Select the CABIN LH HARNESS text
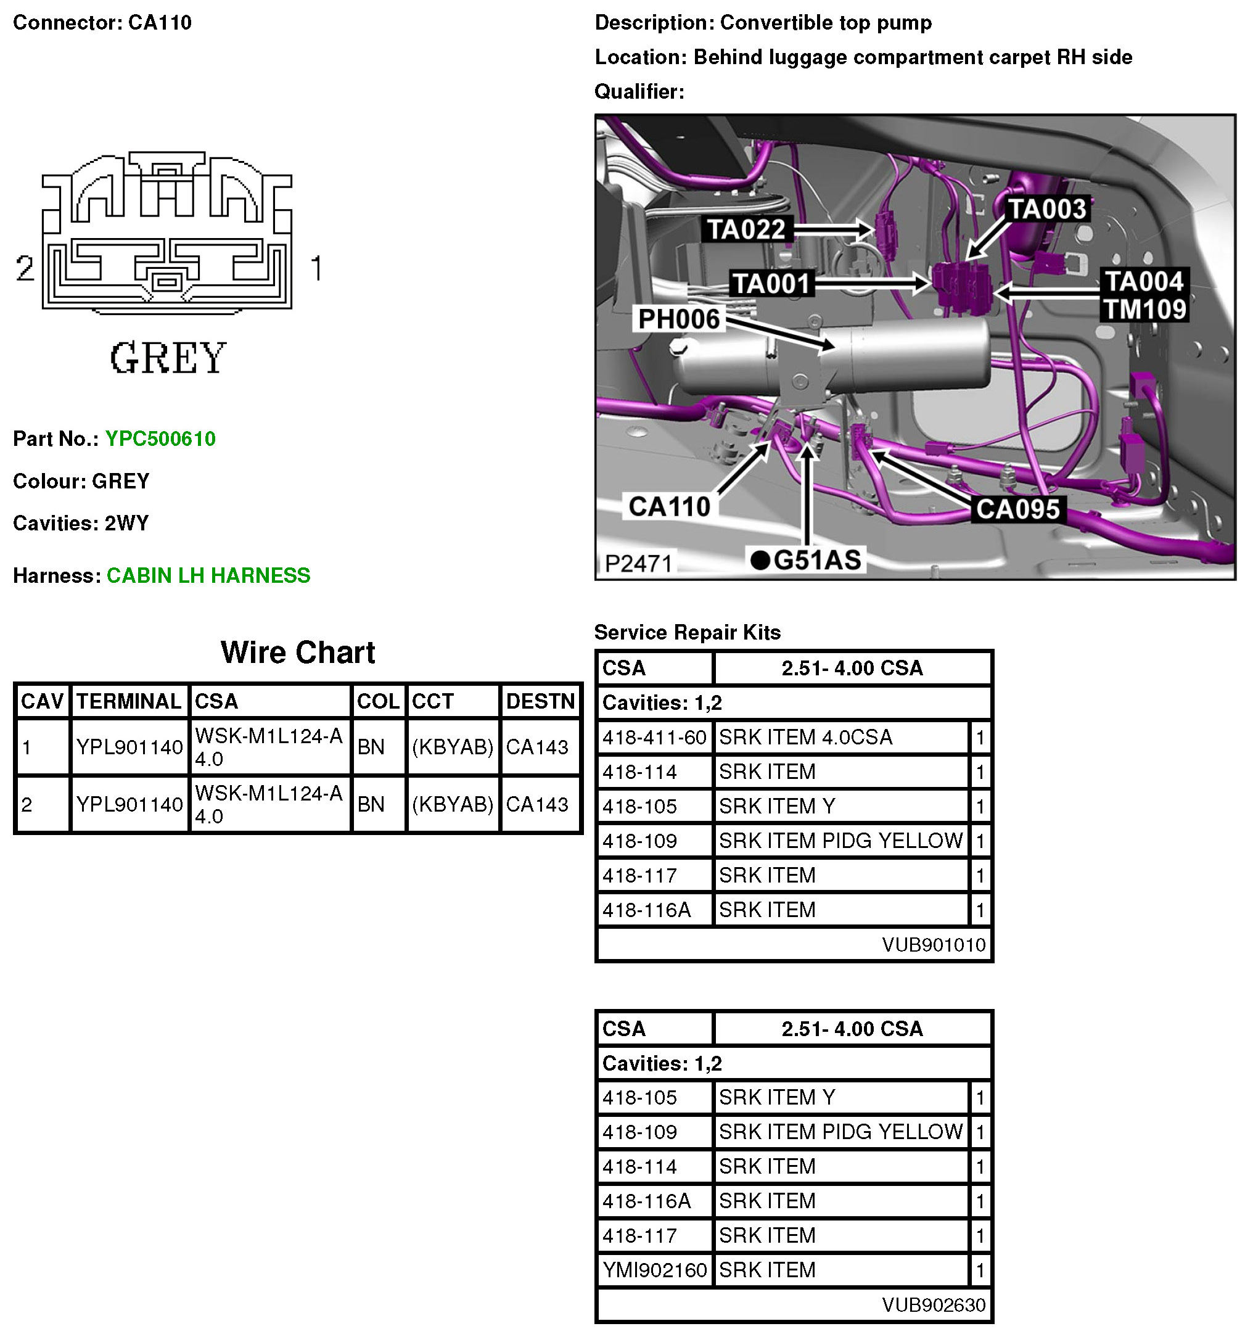(208, 575)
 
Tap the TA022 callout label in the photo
(746, 229)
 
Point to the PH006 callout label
(678, 319)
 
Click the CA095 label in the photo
(1017, 509)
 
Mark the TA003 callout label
(1046, 208)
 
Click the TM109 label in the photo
(1144, 309)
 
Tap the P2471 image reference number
(638, 563)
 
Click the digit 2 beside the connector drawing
(25, 268)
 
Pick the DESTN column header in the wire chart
(540, 701)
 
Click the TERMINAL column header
(128, 701)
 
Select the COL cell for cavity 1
(371, 747)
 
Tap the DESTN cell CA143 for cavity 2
(536, 804)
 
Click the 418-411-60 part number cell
(654, 737)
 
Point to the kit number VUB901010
(933, 944)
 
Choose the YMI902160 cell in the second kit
(654, 1270)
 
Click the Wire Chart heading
(298, 652)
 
